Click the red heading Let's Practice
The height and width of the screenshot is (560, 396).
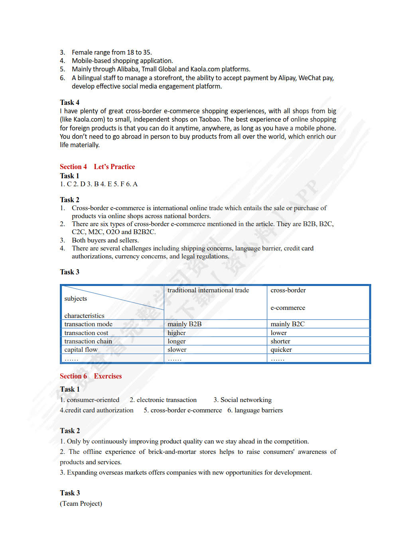114,167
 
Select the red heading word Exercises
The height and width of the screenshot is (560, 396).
108,376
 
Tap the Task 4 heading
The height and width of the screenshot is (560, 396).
69,103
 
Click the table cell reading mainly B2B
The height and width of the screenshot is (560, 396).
184,324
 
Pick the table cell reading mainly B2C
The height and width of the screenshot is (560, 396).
287,324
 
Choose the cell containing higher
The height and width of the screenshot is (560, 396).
177,333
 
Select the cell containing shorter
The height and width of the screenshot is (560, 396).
280,341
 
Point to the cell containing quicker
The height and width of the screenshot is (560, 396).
281,349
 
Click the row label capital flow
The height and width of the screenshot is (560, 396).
81,349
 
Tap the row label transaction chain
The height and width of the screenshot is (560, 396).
88,341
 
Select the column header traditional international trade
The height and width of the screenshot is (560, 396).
208,290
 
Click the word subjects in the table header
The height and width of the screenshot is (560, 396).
75,298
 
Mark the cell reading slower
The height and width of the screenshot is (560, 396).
177,349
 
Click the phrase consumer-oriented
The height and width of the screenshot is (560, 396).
93,400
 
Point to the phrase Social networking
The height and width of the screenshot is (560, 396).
246,400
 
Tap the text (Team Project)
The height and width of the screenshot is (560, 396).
81,503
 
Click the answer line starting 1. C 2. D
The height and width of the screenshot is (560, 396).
99,184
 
